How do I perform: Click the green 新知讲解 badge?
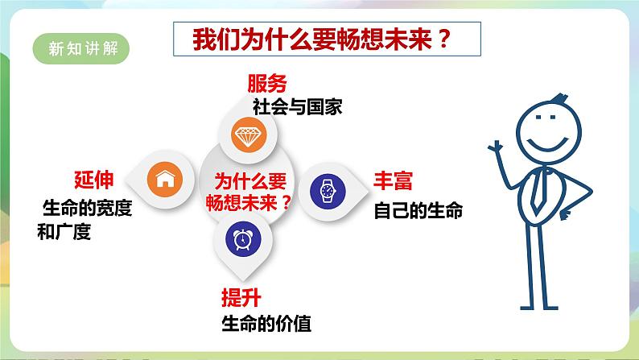click(83, 48)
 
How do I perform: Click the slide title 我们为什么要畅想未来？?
click(326, 41)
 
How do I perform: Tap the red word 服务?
click(266, 85)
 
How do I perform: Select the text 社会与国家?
click(297, 106)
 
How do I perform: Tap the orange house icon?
click(165, 178)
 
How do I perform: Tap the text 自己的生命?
click(418, 212)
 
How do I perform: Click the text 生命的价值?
click(266, 325)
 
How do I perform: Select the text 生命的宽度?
click(87, 208)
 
